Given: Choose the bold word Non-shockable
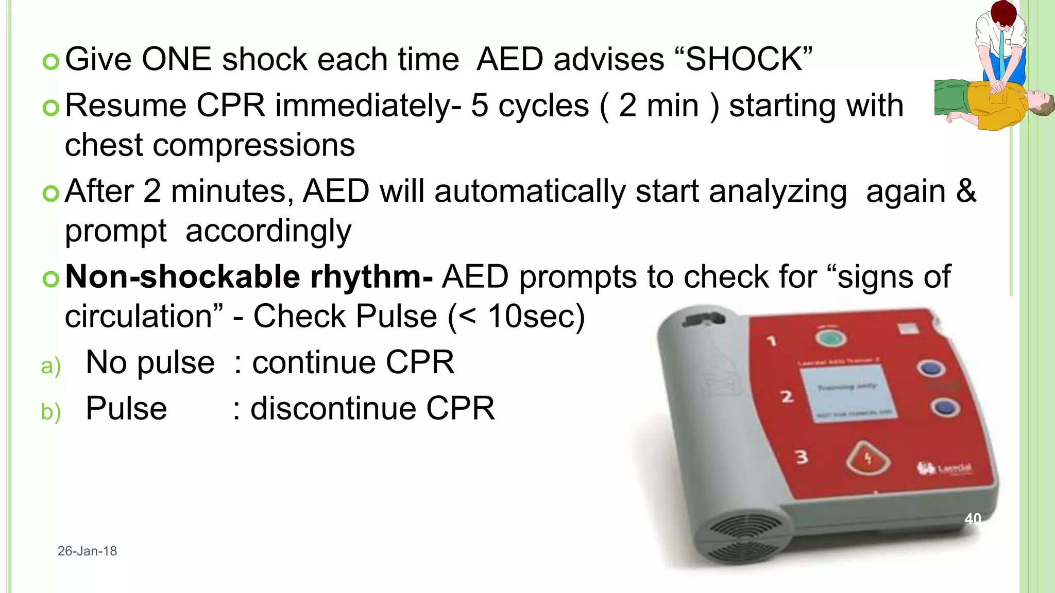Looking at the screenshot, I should coord(183,277).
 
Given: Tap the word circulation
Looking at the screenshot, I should coord(138,316).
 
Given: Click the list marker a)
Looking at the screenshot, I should coord(51,366).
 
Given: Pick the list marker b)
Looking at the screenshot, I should coord(51,412).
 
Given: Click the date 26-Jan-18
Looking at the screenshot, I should coord(87,551).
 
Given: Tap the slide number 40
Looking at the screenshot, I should coord(973,518).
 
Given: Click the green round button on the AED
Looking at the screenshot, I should coord(830,338).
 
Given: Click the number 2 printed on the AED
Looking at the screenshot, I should coord(786,397).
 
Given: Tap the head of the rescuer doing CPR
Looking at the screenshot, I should coord(1002,13).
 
